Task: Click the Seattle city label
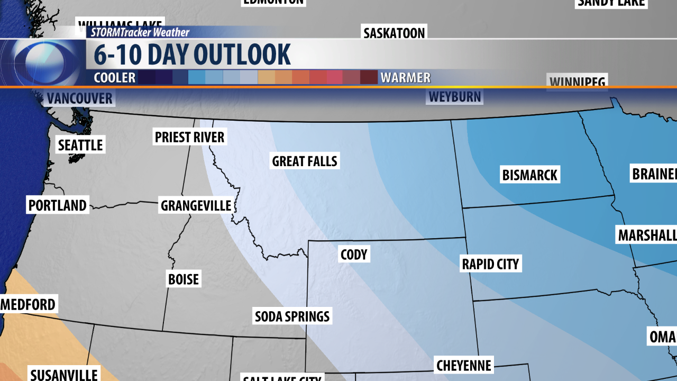[80, 144]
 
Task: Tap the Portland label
[58, 205]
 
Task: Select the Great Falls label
[305, 161]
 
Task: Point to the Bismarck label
[530, 175]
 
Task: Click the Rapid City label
[490, 264]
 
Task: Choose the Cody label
[354, 255]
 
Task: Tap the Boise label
[184, 279]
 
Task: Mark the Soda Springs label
[292, 316]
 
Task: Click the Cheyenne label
[464, 365]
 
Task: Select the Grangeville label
[196, 205]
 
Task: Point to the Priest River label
[190, 137]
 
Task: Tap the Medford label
[29, 304]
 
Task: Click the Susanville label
[63, 374]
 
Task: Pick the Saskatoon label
[394, 33]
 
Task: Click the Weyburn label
[455, 97]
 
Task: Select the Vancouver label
[80, 98]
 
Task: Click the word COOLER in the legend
[115, 78]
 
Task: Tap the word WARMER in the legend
[406, 78]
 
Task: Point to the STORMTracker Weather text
[140, 32]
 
